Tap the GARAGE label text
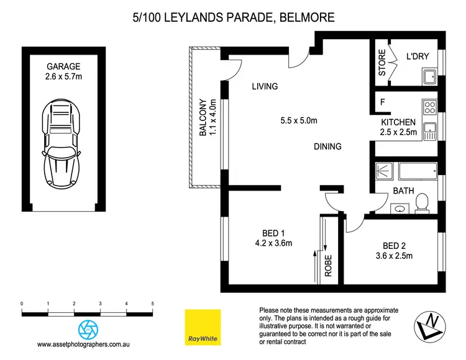point(63,67)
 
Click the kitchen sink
point(429,131)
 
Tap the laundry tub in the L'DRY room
point(428,77)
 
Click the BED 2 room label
point(395,245)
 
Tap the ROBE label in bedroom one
point(328,266)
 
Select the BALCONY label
point(203,118)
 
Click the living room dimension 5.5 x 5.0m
point(299,121)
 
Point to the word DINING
point(327,146)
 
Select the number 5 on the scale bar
point(152,304)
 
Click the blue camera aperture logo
point(88,328)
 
